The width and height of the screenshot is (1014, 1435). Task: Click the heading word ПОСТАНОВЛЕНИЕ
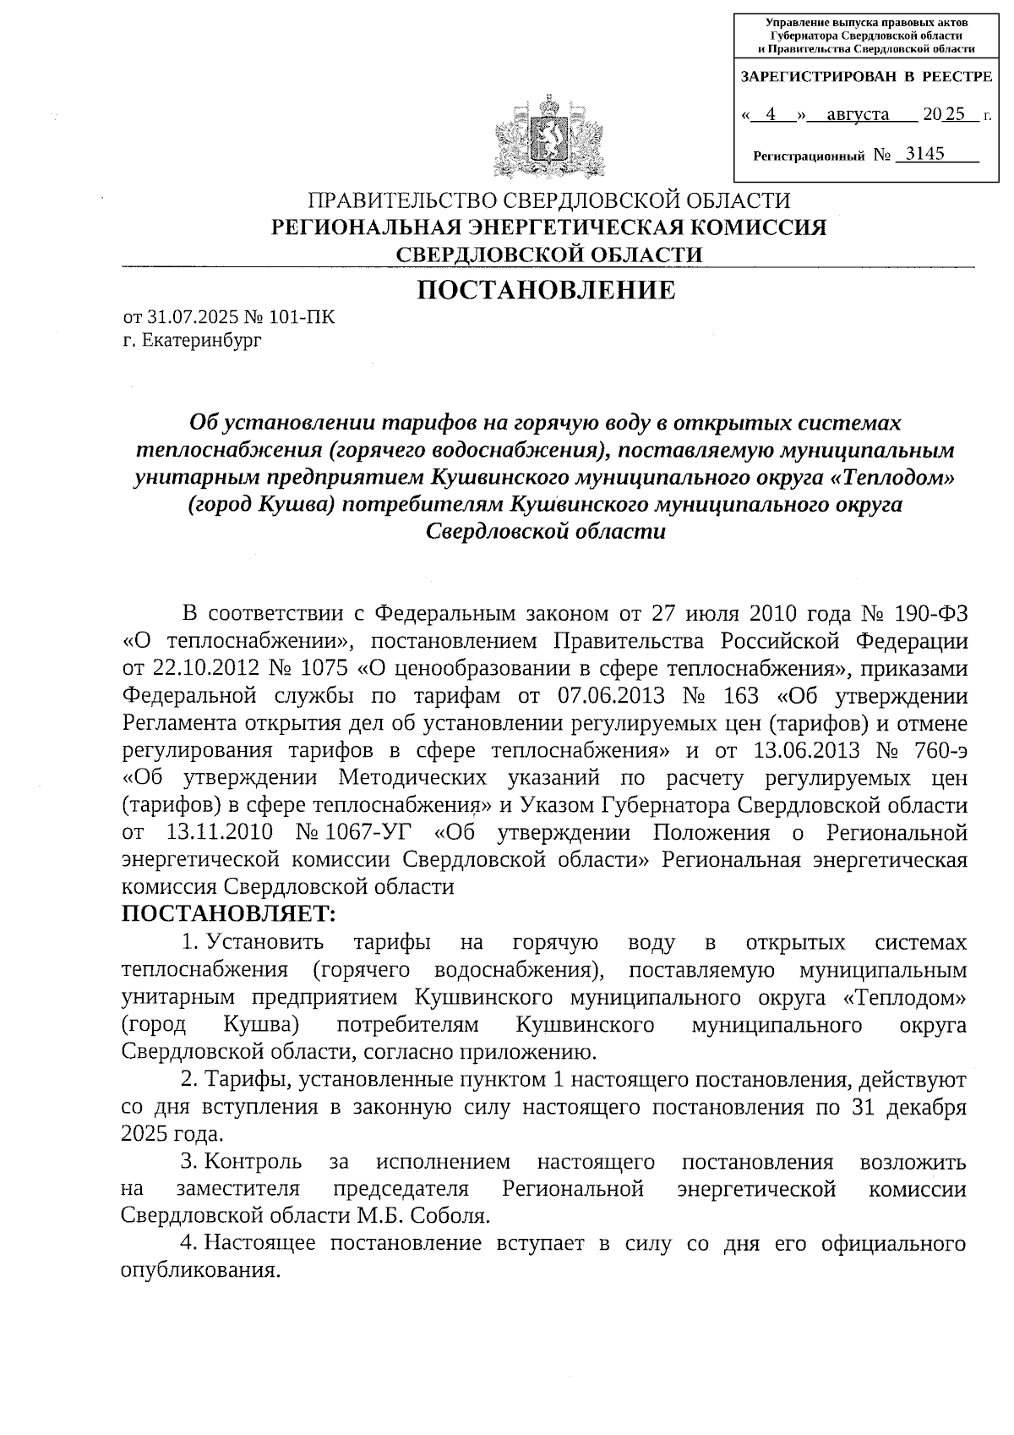point(547,290)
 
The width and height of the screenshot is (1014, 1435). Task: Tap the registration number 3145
point(923,154)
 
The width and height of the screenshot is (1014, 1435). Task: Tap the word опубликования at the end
point(199,1271)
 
